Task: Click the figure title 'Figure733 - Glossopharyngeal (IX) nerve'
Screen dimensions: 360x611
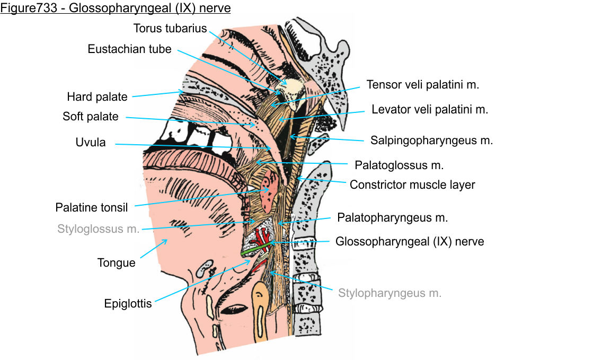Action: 116,8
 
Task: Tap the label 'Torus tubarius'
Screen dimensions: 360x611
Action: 170,28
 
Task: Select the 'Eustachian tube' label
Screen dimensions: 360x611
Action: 129,49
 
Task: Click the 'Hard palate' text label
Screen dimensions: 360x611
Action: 97,96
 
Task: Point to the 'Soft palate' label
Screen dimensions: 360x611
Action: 90,116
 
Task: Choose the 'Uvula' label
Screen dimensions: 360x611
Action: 91,143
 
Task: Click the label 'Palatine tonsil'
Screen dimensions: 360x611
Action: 92,207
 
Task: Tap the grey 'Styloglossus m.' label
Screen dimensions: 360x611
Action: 99,229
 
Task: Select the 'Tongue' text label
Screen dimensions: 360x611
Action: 116,262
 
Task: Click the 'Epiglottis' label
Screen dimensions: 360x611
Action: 128,304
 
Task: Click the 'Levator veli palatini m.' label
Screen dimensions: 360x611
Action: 429,110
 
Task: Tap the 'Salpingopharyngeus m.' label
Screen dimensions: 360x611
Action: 431,141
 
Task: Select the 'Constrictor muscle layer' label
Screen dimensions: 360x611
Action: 412,185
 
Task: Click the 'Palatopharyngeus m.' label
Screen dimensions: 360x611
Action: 393,217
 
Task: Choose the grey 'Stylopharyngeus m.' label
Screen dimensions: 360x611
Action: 389,293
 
